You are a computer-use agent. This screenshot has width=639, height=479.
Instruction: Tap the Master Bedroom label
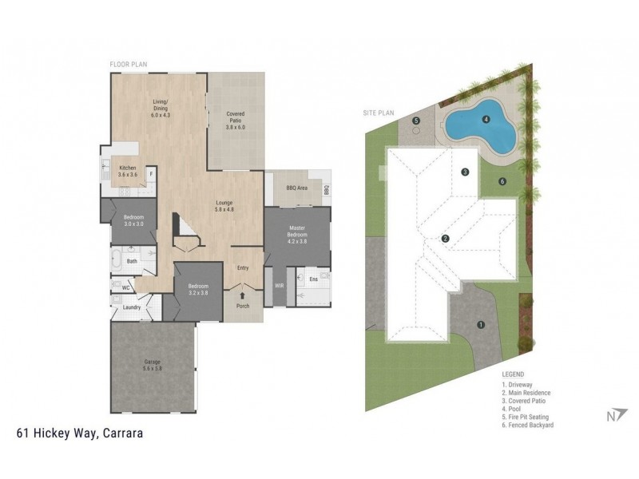tap(297, 234)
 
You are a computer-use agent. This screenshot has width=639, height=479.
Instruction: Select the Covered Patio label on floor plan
tap(235, 120)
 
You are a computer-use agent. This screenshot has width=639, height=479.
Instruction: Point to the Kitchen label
tap(128, 170)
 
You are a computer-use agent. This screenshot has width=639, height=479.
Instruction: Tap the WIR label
tap(280, 285)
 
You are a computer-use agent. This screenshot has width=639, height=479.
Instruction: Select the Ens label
tap(312, 279)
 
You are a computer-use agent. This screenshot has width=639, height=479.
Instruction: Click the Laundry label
tap(133, 307)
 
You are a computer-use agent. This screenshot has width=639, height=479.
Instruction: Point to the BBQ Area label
tap(297, 188)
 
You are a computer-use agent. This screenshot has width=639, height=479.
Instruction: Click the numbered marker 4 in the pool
tap(486, 121)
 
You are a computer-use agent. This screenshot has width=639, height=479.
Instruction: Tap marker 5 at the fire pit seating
tap(416, 121)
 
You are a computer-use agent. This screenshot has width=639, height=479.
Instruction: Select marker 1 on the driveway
tap(480, 324)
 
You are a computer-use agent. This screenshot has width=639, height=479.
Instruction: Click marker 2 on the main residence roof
tap(446, 238)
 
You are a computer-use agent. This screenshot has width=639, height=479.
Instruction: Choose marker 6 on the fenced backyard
tap(502, 181)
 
